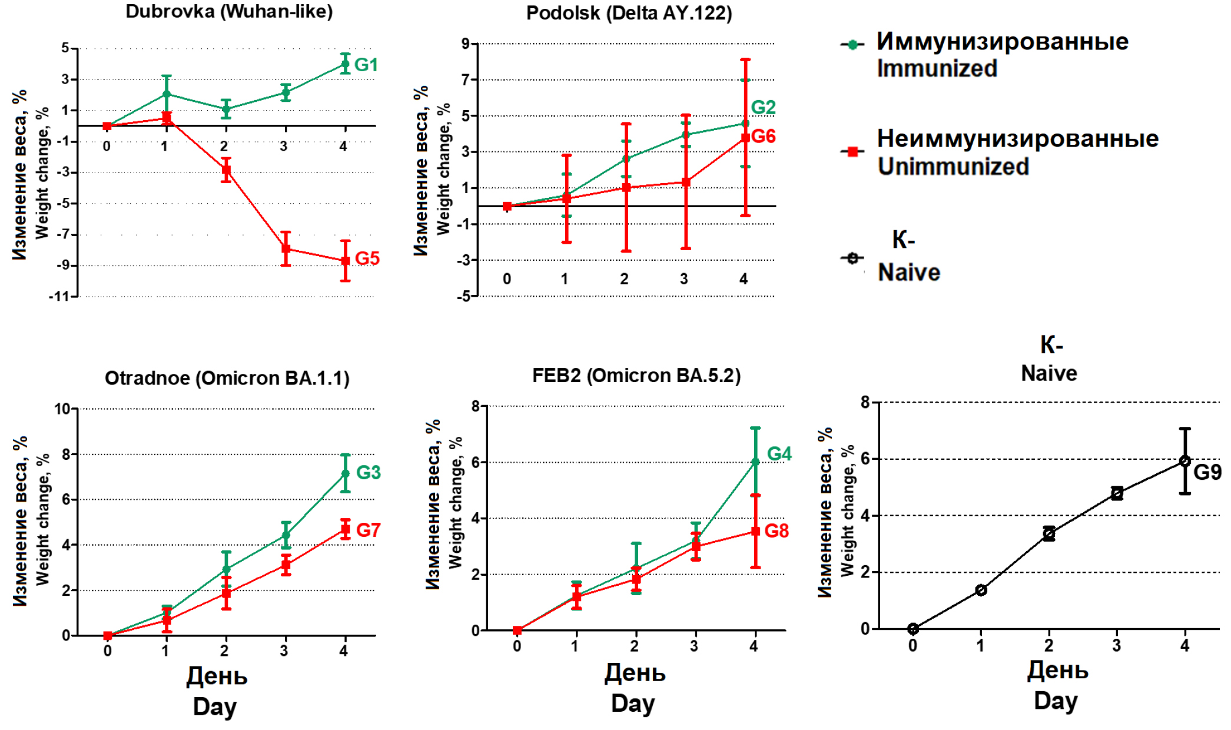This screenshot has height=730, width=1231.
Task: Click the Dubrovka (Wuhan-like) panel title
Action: (x=229, y=11)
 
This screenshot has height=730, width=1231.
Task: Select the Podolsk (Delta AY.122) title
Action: (x=629, y=13)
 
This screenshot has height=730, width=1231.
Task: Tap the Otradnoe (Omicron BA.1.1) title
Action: (x=227, y=378)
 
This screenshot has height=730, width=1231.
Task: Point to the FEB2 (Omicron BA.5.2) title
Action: (x=636, y=376)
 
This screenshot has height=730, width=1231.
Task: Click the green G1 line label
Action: (x=366, y=65)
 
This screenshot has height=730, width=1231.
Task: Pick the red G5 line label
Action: (x=367, y=258)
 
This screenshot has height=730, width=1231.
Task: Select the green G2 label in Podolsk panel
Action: (x=763, y=107)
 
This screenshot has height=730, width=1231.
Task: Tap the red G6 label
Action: (x=764, y=137)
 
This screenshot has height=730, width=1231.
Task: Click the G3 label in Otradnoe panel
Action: (x=369, y=472)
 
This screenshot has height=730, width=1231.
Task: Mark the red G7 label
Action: (x=369, y=530)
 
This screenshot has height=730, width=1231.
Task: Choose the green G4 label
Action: (x=779, y=453)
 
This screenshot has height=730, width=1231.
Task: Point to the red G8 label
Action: (x=777, y=531)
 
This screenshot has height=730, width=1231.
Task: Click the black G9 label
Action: (x=1207, y=472)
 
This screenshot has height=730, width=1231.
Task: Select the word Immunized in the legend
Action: (x=937, y=69)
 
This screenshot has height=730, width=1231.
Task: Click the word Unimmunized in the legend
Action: (x=953, y=167)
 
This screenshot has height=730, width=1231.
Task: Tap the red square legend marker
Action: (x=852, y=152)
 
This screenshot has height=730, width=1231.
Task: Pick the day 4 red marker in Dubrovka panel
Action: (x=346, y=260)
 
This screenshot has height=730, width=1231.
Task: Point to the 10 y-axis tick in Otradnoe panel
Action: (x=62, y=409)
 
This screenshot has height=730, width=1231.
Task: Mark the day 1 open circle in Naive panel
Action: (x=981, y=590)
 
